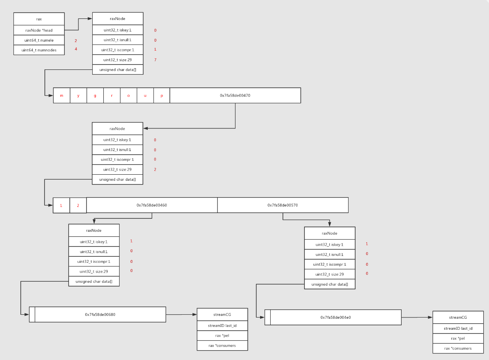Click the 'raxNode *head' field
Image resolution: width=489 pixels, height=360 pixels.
[39, 30]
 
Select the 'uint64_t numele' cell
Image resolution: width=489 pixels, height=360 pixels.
[39, 40]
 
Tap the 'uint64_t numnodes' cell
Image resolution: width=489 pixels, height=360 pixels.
[39, 50]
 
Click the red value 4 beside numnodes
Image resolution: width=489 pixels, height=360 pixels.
[76, 49]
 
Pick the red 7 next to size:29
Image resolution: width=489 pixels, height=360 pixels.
[155, 60]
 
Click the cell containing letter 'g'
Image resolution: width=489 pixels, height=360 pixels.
[95, 96]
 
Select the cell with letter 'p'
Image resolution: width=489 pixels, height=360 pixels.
[162, 96]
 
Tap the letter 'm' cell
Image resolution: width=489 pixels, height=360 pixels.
[62, 96]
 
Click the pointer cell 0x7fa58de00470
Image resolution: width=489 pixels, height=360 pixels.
[235, 96]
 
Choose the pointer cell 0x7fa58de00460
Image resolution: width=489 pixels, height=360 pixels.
[152, 205]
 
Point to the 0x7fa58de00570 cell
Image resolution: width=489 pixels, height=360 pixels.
[282, 205]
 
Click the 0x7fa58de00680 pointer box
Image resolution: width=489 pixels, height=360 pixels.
[100, 315]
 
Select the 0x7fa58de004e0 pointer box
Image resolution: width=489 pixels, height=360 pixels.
[336, 317]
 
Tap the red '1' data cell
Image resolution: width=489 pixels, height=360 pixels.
[61, 205]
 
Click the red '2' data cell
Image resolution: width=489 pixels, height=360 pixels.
[78, 205]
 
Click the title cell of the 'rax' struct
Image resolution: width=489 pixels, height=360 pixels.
[39, 19]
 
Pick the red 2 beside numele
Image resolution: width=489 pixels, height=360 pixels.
[76, 41]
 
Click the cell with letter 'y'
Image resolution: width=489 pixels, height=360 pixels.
[78, 96]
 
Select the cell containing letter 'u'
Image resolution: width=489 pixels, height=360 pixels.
[145, 96]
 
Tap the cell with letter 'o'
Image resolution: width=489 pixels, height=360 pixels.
[128, 96]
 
